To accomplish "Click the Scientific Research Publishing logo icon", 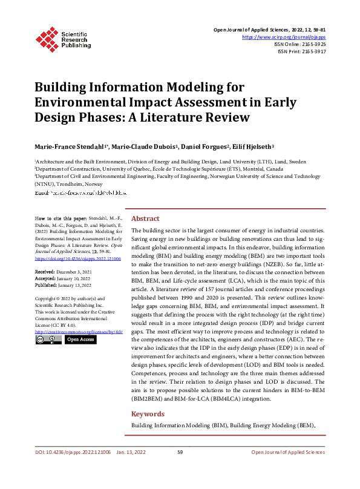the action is click(47, 38).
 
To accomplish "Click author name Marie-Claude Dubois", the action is click(145, 147).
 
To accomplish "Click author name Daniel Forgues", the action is click(203, 147).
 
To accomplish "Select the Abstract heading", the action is click(145, 218).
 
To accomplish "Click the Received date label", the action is click(46, 272).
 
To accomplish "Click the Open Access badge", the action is click(80, 340).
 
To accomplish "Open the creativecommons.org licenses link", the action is click(79, 332).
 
